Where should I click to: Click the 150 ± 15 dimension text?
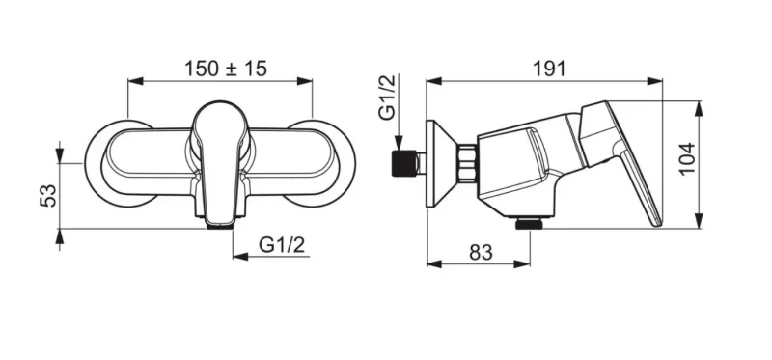226,69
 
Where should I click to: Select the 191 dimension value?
549,69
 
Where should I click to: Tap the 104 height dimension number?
687,157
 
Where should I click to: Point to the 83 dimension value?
481,252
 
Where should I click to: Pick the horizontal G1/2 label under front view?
282,244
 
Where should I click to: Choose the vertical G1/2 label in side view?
387,97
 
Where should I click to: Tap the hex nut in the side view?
467,163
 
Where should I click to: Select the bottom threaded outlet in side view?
530,224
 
